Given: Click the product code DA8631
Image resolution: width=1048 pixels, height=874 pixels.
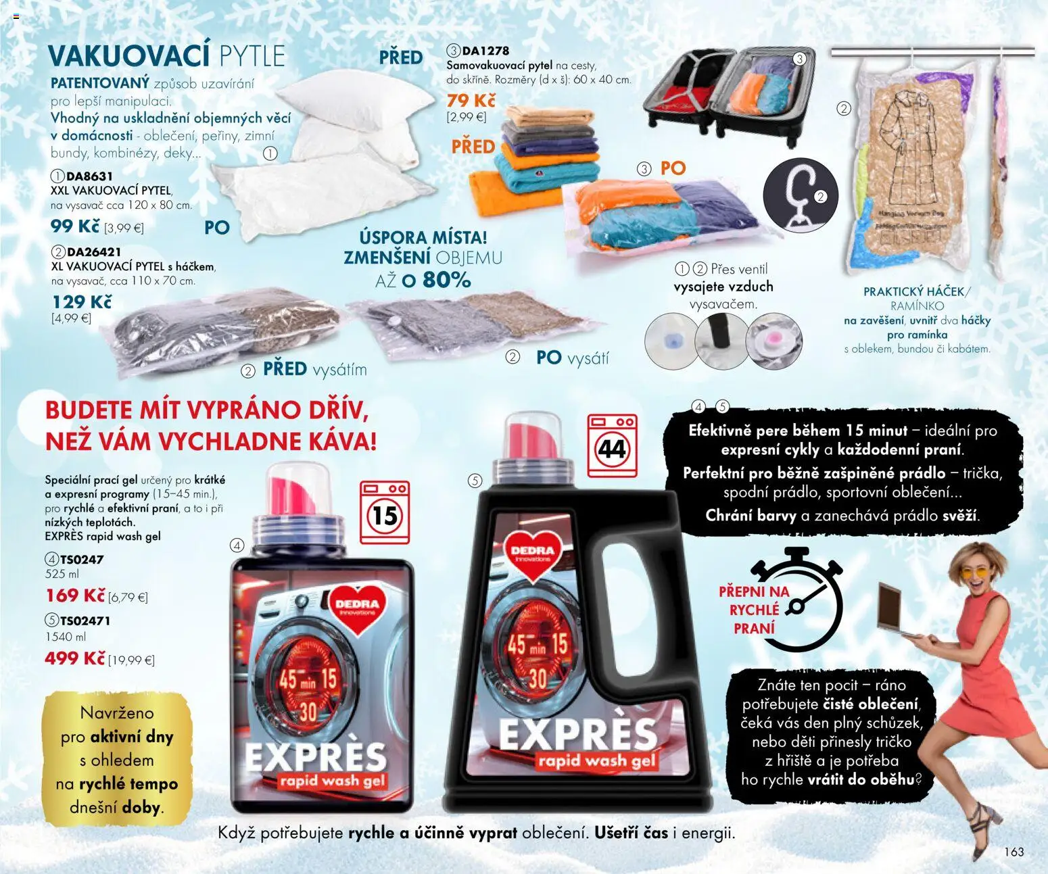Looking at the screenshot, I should (89, 176).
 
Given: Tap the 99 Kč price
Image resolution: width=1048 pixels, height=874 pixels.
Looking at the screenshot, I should (75, 226).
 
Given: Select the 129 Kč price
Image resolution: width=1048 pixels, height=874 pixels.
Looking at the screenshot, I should (82, 301).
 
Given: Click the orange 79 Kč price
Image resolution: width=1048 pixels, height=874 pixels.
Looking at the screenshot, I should (471, 101).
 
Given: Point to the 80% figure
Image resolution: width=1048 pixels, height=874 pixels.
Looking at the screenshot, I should (446, 279).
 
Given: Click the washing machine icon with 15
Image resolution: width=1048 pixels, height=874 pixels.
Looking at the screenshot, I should (385, 512).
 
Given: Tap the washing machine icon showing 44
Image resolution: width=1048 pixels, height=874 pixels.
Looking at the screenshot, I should (612, 447).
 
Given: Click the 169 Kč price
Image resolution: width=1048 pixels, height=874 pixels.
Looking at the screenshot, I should (76, 596).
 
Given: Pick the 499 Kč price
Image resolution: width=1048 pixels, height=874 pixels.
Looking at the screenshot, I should (74, 658).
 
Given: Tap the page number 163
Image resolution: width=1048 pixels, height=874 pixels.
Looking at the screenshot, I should (1014, 852).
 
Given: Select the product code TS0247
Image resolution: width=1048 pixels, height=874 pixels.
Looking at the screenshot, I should (82, 560).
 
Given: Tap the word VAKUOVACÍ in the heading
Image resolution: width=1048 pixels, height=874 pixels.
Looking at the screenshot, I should (128, 57).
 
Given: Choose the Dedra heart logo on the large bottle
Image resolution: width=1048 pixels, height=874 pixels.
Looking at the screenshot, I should (533, 555).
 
